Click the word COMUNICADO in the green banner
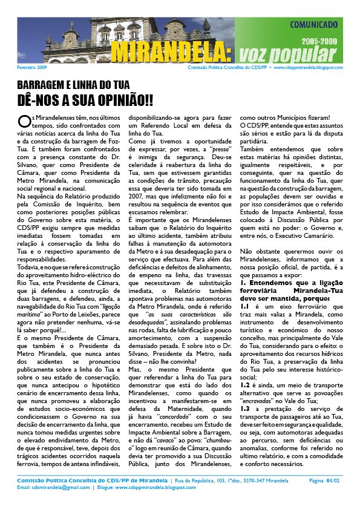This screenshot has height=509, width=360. [x=313, y=26]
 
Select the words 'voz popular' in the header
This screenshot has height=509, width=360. [x=286, y=54]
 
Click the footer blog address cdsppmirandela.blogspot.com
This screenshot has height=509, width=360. [x=149, y=487]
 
